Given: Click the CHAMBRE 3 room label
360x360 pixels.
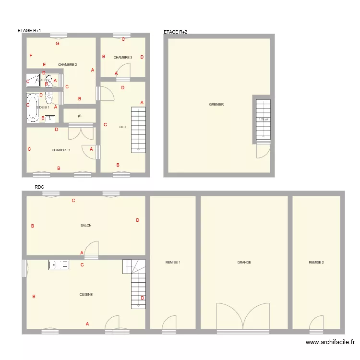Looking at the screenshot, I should pos(123,58).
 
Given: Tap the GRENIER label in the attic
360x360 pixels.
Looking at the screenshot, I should pos(216,105).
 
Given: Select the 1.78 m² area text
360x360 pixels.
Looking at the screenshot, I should pos(263,120).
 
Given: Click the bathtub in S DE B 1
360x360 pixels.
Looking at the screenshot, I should pos(32,107).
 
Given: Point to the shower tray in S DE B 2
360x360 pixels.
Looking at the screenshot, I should pos(33,80).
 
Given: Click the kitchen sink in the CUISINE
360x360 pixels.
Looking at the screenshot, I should pos(59,264).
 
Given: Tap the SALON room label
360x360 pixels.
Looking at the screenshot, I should pos(86,225).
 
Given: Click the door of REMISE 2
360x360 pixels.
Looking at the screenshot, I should pos(316,324).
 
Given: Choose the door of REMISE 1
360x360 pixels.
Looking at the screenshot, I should pos(169,324).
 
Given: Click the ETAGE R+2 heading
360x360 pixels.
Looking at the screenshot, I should pos(176,32).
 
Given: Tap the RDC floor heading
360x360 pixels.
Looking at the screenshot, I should pos(39,188).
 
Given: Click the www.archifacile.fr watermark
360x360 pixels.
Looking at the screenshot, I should pos(330,342).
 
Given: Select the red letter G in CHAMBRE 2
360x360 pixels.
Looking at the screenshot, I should pos(58,44).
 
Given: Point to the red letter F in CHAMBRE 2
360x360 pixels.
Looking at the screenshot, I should pos(31,56).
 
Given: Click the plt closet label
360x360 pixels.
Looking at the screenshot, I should pos(80,116).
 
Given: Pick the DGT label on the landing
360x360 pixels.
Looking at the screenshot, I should pos(122,127).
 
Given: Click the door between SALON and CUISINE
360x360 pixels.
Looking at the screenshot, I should pos(91,250).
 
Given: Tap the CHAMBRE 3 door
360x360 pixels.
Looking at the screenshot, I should pos(125,70).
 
